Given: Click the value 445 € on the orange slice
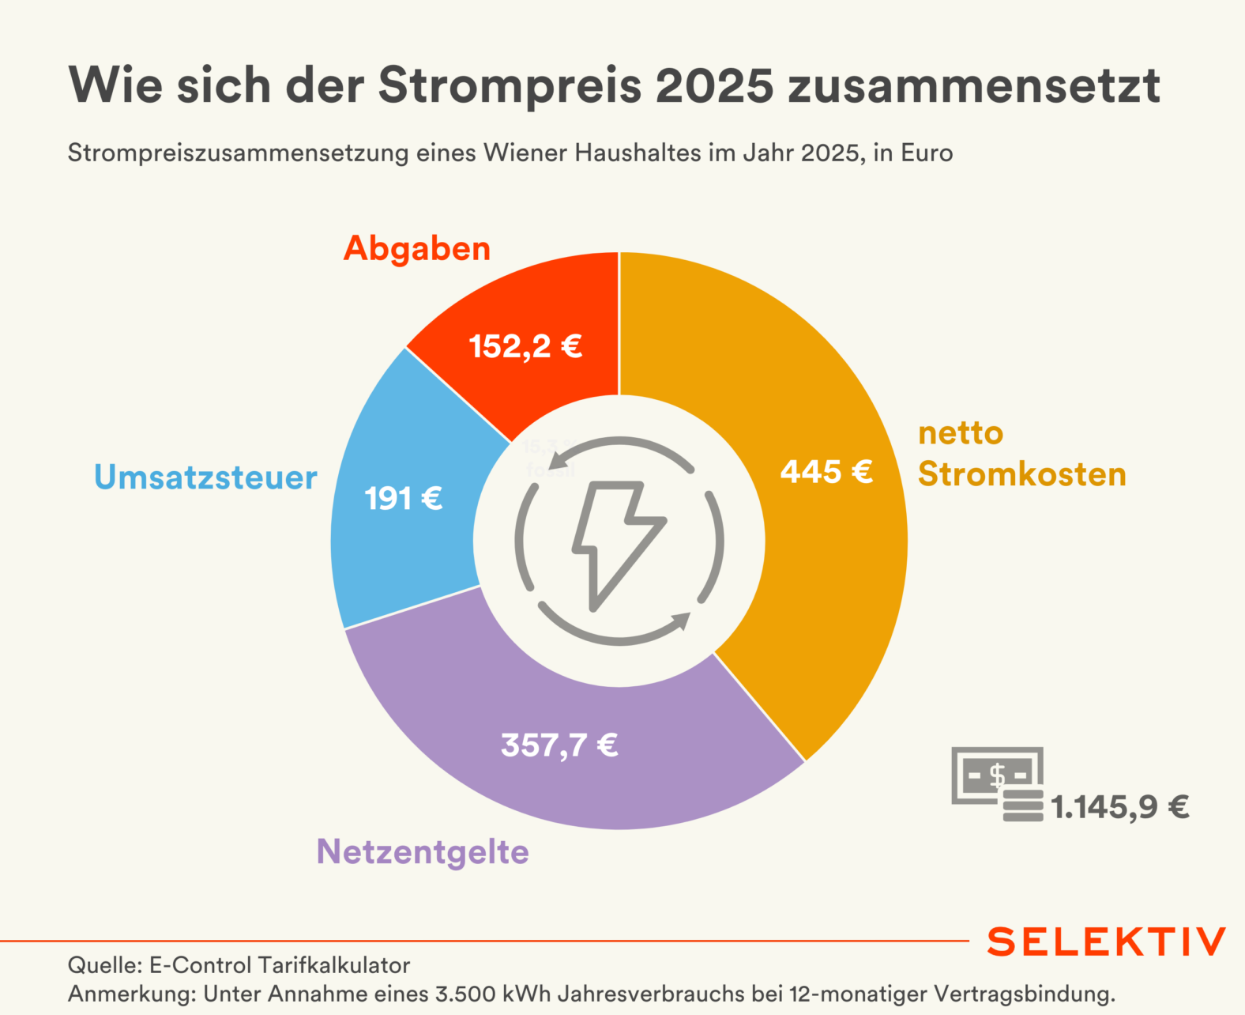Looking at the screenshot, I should [826, 472].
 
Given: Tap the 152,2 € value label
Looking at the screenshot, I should [525, 346].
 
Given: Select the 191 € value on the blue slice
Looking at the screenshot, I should [403, 499].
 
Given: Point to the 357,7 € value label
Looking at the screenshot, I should [559, 745].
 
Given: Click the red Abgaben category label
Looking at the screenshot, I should [417, 248].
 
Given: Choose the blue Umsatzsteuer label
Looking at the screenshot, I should [205, 477].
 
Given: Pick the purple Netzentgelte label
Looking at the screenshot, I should [423, 851].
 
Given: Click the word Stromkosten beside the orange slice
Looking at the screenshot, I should [1022, 474].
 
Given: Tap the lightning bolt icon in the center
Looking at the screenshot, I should [619, 542].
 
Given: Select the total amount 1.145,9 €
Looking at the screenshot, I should [1119, 807].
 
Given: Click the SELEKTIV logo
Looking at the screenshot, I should [1106, 941].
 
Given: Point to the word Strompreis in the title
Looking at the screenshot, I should [510, 85].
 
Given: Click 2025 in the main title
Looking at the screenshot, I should [715, 85].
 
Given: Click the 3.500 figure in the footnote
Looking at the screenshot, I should [463, 994].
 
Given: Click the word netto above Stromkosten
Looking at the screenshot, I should [961, 433].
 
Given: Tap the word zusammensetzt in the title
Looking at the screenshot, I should [974, 85].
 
